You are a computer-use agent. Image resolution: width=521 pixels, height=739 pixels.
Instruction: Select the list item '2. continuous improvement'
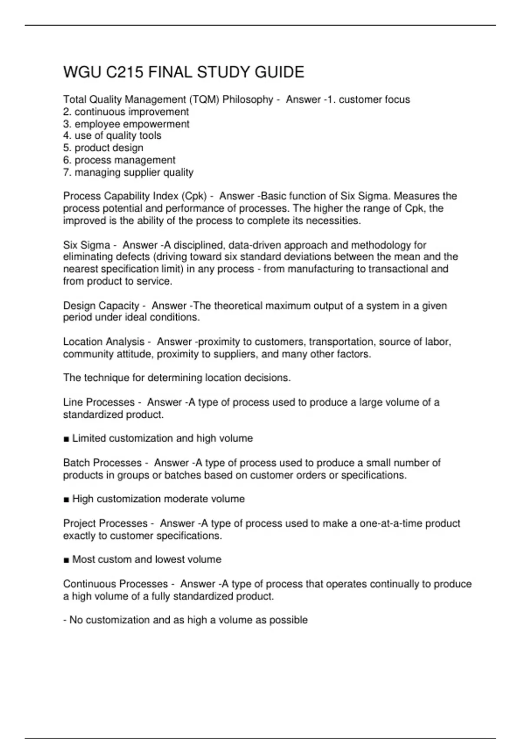(126, 112)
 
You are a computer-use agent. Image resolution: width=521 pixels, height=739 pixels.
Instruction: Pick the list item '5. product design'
(103, 148)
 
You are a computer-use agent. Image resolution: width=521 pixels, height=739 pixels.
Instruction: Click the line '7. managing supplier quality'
(128, 172)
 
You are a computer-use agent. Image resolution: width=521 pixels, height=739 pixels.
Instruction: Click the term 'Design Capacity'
(101, 306)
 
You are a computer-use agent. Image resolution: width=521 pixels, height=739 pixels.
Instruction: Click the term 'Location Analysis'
(104, 342)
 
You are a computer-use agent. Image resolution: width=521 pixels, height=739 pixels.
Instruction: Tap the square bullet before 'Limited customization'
(66, 439)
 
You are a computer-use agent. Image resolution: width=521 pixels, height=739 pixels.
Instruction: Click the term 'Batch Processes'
(102, 463)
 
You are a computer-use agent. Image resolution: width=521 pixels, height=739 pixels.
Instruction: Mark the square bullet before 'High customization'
(66, 499)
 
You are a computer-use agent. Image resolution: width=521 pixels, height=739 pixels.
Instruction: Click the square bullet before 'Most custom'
(66, 560)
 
